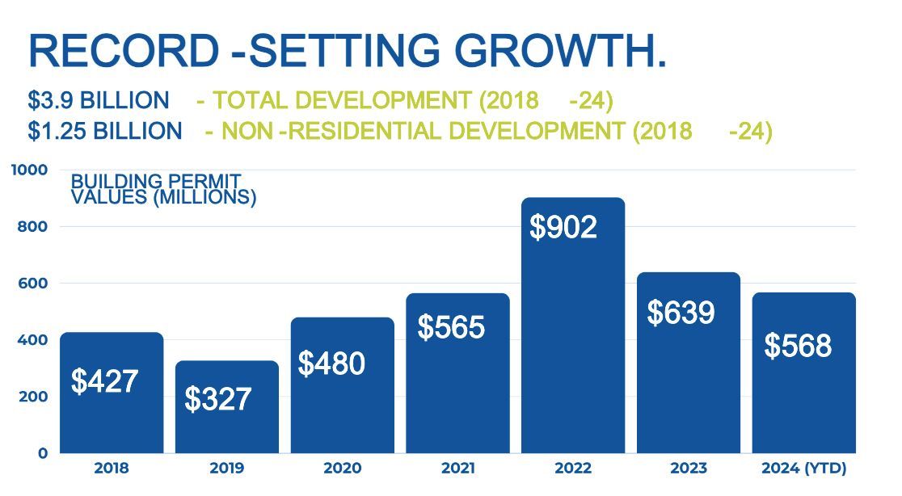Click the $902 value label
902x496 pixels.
point(563,227)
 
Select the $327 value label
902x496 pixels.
point(218,399)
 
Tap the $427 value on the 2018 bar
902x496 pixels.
point(104,380)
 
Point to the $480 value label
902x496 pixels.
point(331,364)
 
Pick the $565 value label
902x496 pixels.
point(451,327)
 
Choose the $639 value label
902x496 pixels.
point(681,312)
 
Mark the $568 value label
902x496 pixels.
point(798,346)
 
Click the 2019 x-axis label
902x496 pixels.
point(226,469)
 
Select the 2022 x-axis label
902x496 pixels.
point(573,469)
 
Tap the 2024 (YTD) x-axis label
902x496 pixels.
point(804,469)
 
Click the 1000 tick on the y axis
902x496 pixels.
point(31,170)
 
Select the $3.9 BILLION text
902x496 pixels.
point(99,101)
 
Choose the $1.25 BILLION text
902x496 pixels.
point(105,131)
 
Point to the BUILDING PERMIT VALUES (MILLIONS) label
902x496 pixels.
point(163,189)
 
